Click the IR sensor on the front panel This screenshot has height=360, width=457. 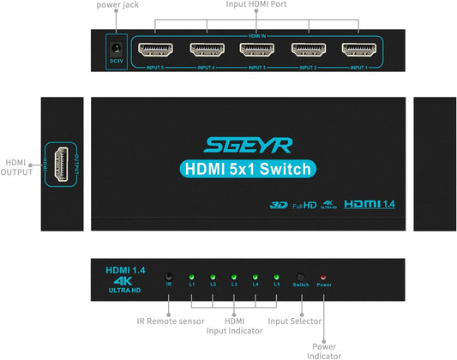tap(169, 276)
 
